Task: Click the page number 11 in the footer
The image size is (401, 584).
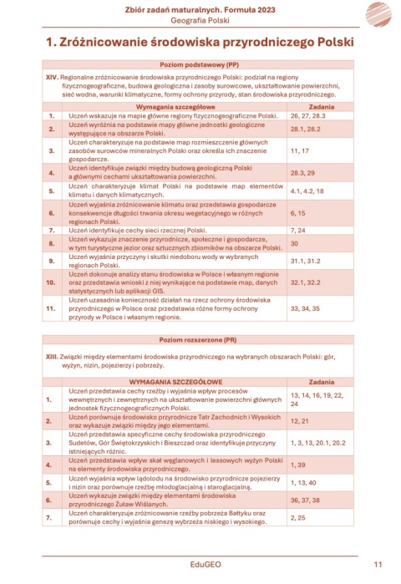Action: click(x=378, y=565)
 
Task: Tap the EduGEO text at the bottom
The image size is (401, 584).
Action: click(x=200, y=565)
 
